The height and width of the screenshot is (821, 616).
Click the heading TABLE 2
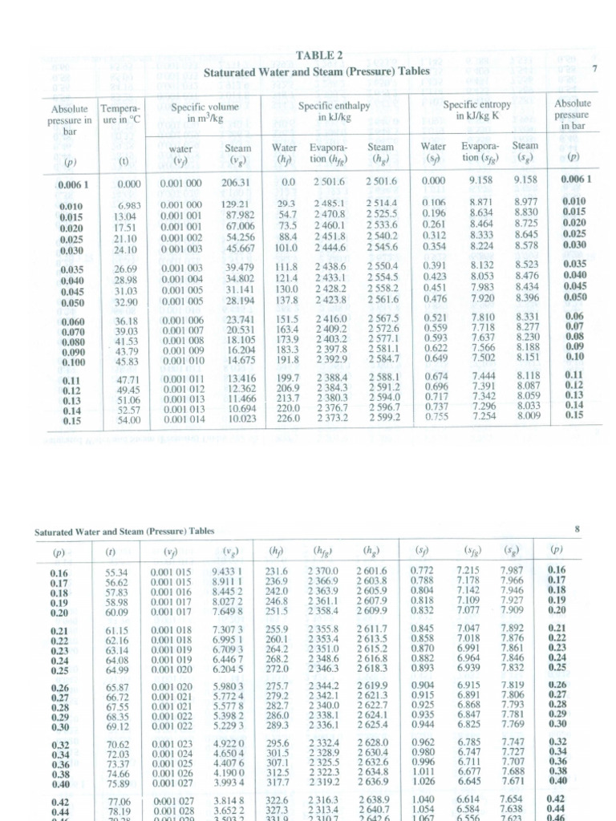tap(319, 55)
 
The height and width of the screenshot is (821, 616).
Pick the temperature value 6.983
tap(129, 205)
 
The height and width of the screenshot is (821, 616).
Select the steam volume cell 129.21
tap(237, 205)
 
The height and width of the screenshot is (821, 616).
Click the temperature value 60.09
tap(117, 613)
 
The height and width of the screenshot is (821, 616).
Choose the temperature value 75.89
tap(117, 780)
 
